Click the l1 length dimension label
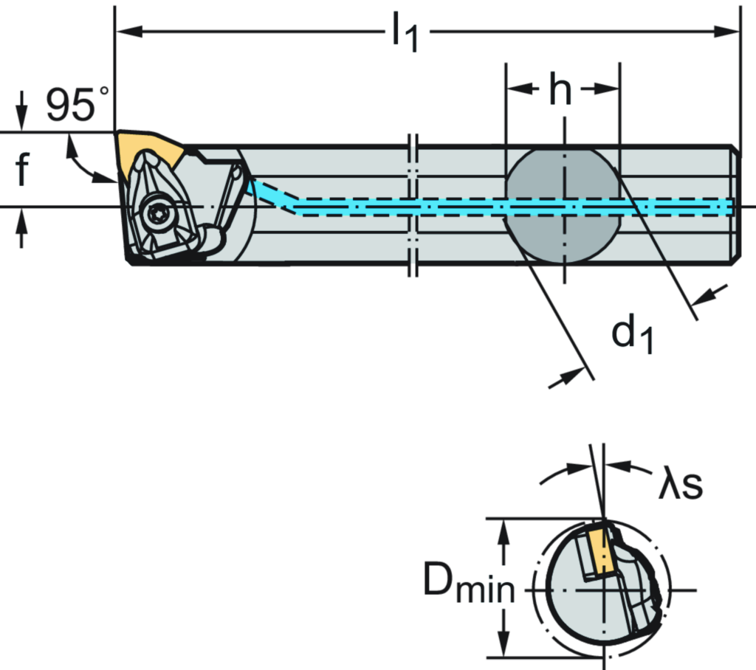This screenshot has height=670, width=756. pos(406,34)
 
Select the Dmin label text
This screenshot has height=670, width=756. pos(469,582)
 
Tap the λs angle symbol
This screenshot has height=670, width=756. pos(681,486)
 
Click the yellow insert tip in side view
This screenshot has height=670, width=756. pos(151,148)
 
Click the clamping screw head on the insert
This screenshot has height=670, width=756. pos(158,213)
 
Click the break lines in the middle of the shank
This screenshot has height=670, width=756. pos(413,207)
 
